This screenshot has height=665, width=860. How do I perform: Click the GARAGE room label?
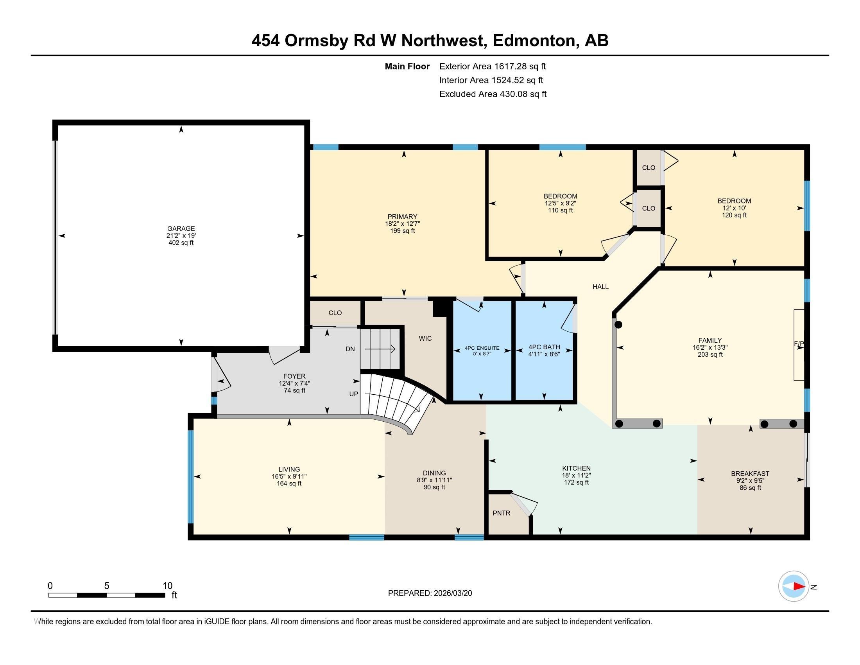tap(181, 228)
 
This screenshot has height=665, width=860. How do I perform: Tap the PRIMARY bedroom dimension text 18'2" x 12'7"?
tap(402, 224)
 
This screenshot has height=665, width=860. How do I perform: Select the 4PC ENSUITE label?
tap(482, 348)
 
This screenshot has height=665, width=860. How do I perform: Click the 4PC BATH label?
tap(544, 347)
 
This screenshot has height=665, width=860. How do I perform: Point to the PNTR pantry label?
tap(501, 513)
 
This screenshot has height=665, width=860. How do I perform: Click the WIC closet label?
tap(425, 338)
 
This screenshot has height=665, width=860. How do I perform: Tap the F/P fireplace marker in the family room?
tap(799, 344)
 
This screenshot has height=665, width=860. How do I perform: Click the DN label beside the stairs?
tap(350, 349)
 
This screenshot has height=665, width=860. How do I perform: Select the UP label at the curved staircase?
tap(354, 394)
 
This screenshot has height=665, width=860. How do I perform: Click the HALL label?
tap(600, 287)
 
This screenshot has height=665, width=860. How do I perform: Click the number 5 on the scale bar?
tap(107, 586)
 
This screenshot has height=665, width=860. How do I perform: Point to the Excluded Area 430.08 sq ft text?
tap(493, 94)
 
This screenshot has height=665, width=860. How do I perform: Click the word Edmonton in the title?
tap(534, 41)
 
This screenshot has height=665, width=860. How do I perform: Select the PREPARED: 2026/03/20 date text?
tap(430, 593)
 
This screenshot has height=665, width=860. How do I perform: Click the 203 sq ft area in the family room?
tap(710, 354)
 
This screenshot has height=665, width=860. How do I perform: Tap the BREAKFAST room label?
tap(750, 474)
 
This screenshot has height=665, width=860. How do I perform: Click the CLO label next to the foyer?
tap(335, 313)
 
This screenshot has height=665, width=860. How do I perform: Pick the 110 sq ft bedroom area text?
tap(560, 210)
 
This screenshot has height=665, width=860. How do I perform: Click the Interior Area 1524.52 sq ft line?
tap(491, 80)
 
